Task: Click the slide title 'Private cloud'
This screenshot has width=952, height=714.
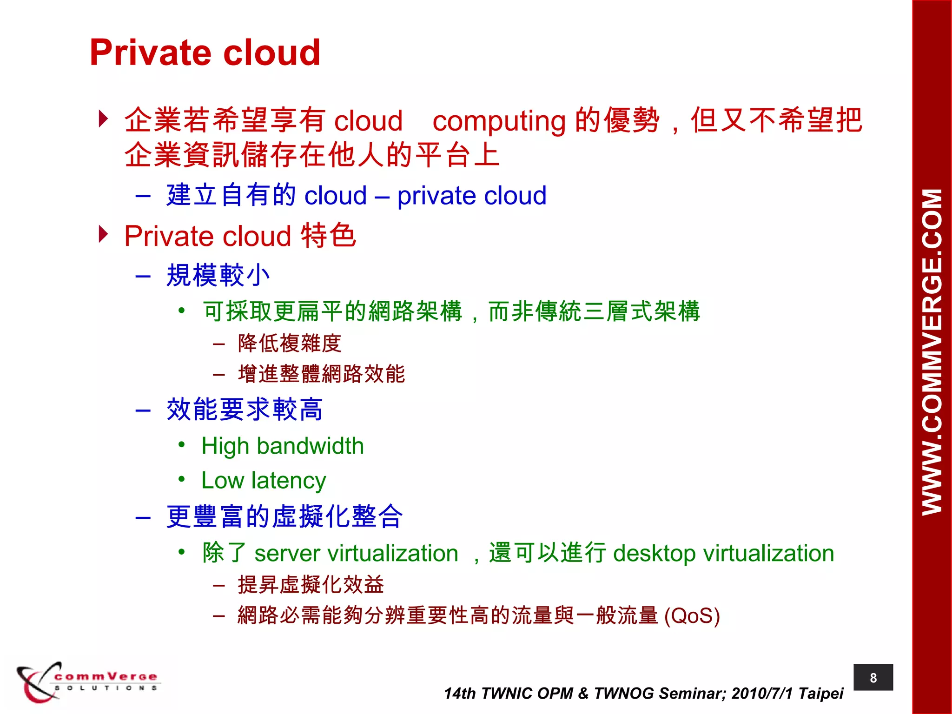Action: coord(205,52)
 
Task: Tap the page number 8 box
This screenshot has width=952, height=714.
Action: coord(873,678)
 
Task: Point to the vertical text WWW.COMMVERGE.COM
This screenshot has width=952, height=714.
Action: coord(932,352)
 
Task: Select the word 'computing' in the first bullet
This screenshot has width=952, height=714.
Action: coord(499,121)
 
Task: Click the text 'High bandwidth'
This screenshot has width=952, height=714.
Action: coord(282,446)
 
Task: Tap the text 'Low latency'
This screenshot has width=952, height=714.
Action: coord(264,480)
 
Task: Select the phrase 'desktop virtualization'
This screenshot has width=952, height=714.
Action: coord(723,554)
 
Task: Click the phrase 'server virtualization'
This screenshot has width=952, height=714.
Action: coord(356,554)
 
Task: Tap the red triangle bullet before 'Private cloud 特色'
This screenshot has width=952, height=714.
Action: coord(103,234)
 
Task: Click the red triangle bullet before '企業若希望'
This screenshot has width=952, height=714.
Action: coord(103,119)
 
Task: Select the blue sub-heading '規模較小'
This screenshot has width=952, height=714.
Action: coord(218,275)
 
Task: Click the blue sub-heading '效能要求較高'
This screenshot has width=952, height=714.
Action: coord(245,410)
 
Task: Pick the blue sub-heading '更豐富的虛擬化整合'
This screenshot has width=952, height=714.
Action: coord(284,516)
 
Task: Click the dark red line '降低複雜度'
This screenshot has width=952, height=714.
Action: coord(290,344)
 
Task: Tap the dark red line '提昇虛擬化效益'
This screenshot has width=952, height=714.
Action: coord(311,585)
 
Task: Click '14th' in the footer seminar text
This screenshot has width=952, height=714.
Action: coord(460,693)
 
